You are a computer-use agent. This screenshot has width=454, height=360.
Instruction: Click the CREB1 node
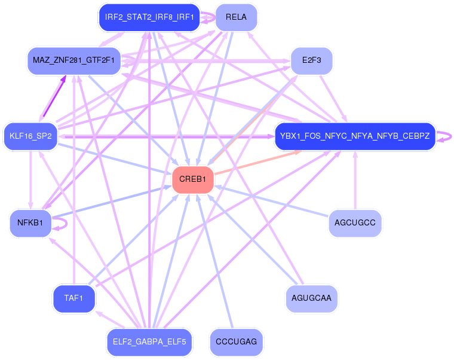pyautogui.click(x=193, y=180)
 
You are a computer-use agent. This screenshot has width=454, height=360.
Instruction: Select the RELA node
pyautogui.click(x=237, y=17)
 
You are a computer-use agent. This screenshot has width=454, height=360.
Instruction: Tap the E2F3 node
pyautogui.click(x=312, y=60)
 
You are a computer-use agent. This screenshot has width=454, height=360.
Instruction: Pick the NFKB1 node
pyautogui.click(x=30, y=223)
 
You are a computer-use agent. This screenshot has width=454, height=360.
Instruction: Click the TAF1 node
pyautogui.click(x=74, y=298)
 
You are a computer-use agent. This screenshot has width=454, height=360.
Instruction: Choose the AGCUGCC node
pyautogui.click(x=355, y=223)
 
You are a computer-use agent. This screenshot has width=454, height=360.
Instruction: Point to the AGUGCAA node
pyautogui.click(x=312, y=298)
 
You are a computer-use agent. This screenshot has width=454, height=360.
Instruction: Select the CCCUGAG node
pyautogui.click(x=237, y=342)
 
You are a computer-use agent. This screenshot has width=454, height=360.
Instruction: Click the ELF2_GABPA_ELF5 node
pyautogui.click(x=149, y=342)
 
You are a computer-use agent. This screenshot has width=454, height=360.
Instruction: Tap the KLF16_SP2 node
pyautogui.click(x=30, y=136)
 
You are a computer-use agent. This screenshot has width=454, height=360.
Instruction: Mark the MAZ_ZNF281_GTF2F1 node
pyautogui.click(x=74, y=60)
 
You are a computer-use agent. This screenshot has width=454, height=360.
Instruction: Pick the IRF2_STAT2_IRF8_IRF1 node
pyautogui.click(x=149, y=17)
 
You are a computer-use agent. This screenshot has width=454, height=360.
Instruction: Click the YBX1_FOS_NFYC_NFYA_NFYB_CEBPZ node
pyautogui.click(x=355, y=136)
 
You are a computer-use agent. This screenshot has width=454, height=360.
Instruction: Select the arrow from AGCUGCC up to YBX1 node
pyautogui.click(x=355, y=180)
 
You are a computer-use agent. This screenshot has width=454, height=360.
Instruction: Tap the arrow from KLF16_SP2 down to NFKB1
pyautogui.click(x=30, y=180)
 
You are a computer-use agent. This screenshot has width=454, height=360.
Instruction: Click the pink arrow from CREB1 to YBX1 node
pyautogui.click(x=257, y=163)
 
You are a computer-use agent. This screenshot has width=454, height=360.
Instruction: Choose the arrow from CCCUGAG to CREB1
pyautogui.click(x=215, y=261)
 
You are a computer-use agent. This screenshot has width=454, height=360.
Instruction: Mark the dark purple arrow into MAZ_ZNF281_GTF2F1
pyautogui.click(x=54, y=96)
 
